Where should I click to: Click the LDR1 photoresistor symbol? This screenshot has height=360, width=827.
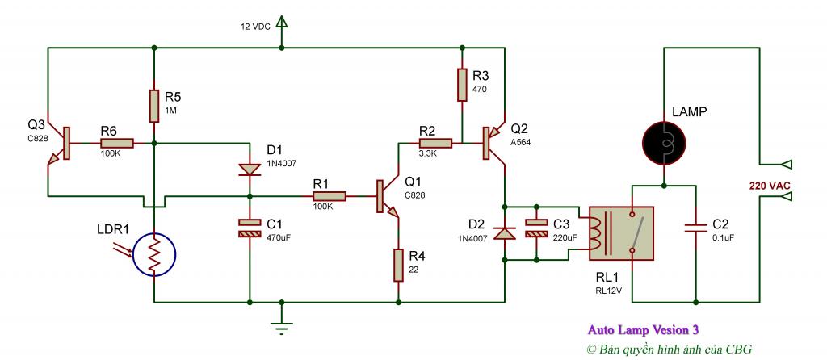pyautogui.click(x=154, y=255)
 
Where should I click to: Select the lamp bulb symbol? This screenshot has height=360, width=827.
pyautogui.click(x=664, y=143)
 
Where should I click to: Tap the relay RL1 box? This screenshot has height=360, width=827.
pyautogui.click(x=621, y=233)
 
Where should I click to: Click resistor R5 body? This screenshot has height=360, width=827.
pyautogui.click(x=154, y=106)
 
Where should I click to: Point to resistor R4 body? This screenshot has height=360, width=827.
pyautogui.click(x=398, y=265)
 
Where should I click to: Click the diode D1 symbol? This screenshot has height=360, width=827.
pyautogui.click(x=250, y=170)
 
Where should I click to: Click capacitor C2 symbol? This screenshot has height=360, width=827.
pyautogui.click(x=696, y=228)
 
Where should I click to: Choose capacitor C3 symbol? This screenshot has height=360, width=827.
pyautogui.click(x=536, y=228)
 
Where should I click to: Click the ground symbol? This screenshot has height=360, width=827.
pyautogui.click(x=282, y=326)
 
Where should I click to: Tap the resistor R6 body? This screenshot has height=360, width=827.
pyautogui.click(x=116, y=143)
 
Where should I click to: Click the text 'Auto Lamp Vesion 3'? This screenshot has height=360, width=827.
pyautogui.click(x=643, y=330)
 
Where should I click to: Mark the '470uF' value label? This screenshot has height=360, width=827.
pyautogui.click(x=279, y=238)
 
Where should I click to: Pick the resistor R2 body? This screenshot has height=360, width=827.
pyautogui.click(x=435, y=143)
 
